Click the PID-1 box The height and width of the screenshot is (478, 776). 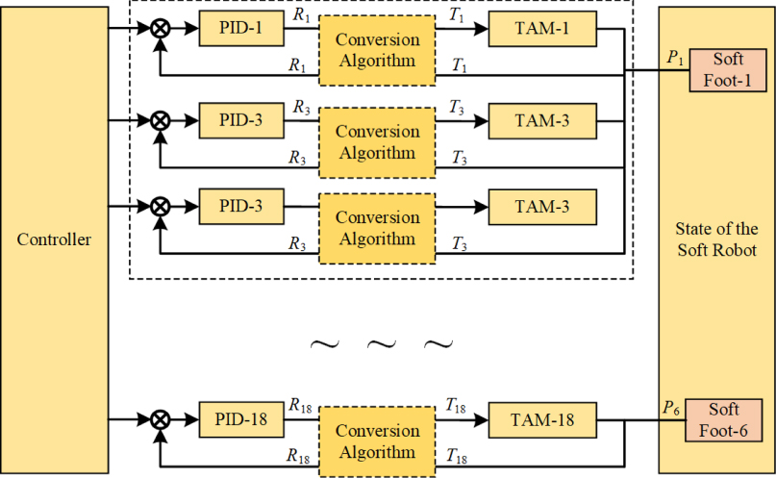click(x=241, y=30)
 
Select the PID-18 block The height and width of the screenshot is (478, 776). click(x=241, y=418)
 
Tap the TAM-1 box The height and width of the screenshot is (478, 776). click(x=541, y=30)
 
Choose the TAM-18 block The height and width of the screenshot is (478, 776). click(x=541, y=418)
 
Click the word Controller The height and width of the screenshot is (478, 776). click(x=54, y=239)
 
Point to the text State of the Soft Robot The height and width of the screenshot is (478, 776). click(x=717, y=239)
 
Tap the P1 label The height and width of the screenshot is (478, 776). click(x=675, y=60)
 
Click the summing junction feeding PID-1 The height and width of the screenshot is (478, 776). click(x=162, y=30)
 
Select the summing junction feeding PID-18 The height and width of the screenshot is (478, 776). click(x=162, y=419)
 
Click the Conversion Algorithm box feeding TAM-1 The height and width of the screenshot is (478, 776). click(x=377, y=50)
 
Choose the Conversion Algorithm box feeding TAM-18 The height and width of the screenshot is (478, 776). click(x=377, y=440)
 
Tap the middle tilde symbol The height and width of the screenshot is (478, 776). click(x=382, y=344)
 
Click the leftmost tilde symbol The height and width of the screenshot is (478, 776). click(x=324, y=344)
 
